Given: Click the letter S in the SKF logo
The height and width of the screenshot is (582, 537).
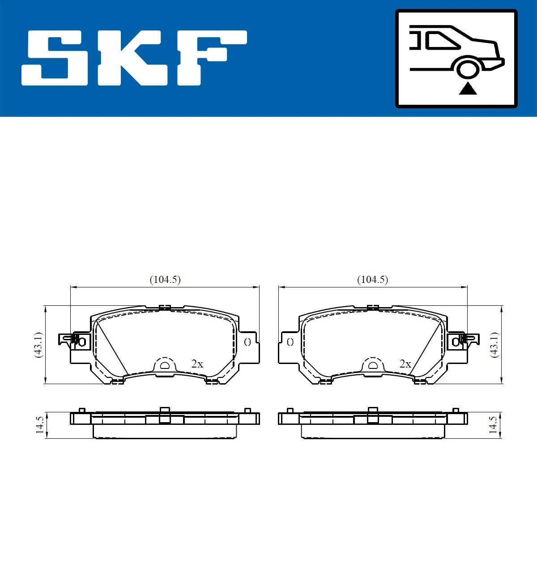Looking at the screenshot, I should click(55, 58).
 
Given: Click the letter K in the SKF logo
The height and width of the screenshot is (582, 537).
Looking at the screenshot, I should click(132, 58).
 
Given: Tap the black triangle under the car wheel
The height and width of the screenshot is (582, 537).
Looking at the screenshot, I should click(468, 89).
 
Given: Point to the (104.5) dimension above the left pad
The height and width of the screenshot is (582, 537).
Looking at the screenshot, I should click(165, 279).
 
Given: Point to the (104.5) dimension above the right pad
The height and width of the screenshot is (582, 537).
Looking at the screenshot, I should click(372, 279).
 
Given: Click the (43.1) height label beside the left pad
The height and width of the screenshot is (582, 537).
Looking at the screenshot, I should click(38, 345).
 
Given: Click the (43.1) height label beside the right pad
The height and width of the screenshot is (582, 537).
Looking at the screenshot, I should click(494, 345).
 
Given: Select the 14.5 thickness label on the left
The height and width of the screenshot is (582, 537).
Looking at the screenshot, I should click(40, 425).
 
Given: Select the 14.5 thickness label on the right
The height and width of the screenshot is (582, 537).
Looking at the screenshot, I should click(493, 425).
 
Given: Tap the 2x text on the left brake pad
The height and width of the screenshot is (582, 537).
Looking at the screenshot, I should click(197, 364).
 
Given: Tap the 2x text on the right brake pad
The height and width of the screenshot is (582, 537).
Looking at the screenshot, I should click(405, 364).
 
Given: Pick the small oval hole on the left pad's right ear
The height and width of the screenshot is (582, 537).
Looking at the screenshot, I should click(247, 342).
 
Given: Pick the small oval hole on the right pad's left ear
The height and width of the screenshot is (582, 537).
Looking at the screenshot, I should click(290, 342).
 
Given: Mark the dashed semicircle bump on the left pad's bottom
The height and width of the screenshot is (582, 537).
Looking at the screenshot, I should click(165, 365).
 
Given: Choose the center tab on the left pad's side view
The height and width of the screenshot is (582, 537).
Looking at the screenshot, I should click(165, 415).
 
